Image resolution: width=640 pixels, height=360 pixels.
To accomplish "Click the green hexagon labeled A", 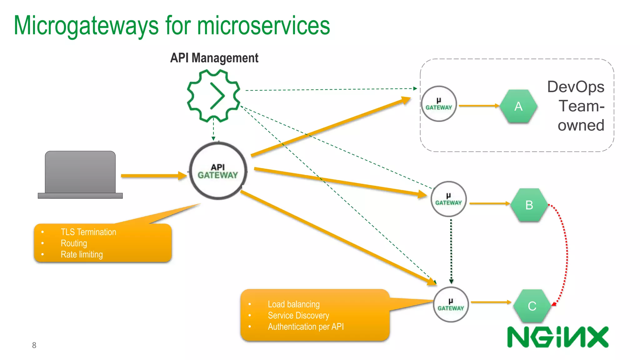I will click(x=518, y=107).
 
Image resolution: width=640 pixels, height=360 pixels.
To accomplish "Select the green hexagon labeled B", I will click(x=529, y=205).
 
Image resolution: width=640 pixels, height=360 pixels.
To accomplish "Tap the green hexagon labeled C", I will click(x=532, y=306).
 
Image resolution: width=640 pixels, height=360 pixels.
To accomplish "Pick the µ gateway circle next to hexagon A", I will click(x=439, y=104).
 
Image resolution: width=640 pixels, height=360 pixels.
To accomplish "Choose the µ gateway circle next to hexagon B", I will click(x=448, y=199).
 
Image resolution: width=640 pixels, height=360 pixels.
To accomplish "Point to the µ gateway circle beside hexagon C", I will click(x=451, y=305).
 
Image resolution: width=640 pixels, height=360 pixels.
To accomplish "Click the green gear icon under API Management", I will click(x=214, y=96).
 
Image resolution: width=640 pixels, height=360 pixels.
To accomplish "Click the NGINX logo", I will click(x=558, y=337).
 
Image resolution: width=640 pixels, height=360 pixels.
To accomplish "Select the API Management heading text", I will click(x=214, y=58).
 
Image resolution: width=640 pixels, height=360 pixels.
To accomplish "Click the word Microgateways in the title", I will click(x=86, y=26).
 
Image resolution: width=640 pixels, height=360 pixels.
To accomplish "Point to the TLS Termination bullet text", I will click(x=88, y=232).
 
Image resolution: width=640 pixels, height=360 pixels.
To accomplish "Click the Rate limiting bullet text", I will click(x=82, y=255).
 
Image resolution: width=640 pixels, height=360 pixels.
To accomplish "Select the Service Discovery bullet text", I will click(x=298, y=316).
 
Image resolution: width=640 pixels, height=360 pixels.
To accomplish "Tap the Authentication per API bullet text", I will click(x=306, y=327).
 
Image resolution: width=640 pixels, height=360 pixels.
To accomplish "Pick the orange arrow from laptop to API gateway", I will click(x=153, y=176).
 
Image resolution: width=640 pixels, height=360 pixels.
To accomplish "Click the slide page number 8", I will click(x=34, y=345).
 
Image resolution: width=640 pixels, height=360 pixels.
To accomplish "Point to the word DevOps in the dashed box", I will click(x=576, y=87).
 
